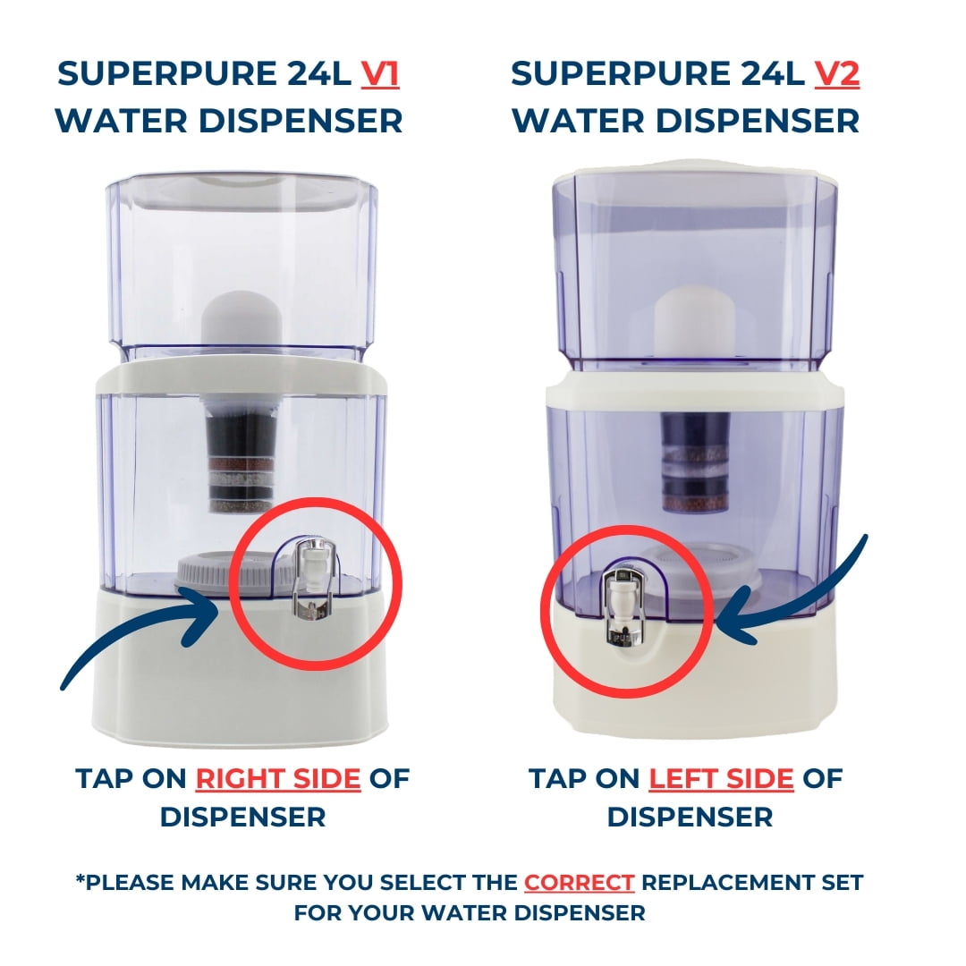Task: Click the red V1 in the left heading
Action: pyautogui.click(x=380, y=75)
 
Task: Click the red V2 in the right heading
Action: pyautogui.click(x=836, y=75)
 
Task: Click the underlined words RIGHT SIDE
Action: pyautogui.click(x=278, y=779)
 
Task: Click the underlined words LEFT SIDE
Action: pyautogui.click(x=721, y=779)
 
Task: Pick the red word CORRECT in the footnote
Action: pyautogui.click(x=580, y=883)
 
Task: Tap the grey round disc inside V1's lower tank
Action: pyautogui.click(x=201, y=572)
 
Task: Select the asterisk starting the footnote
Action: pyautogui.click(x=80, y=881)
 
